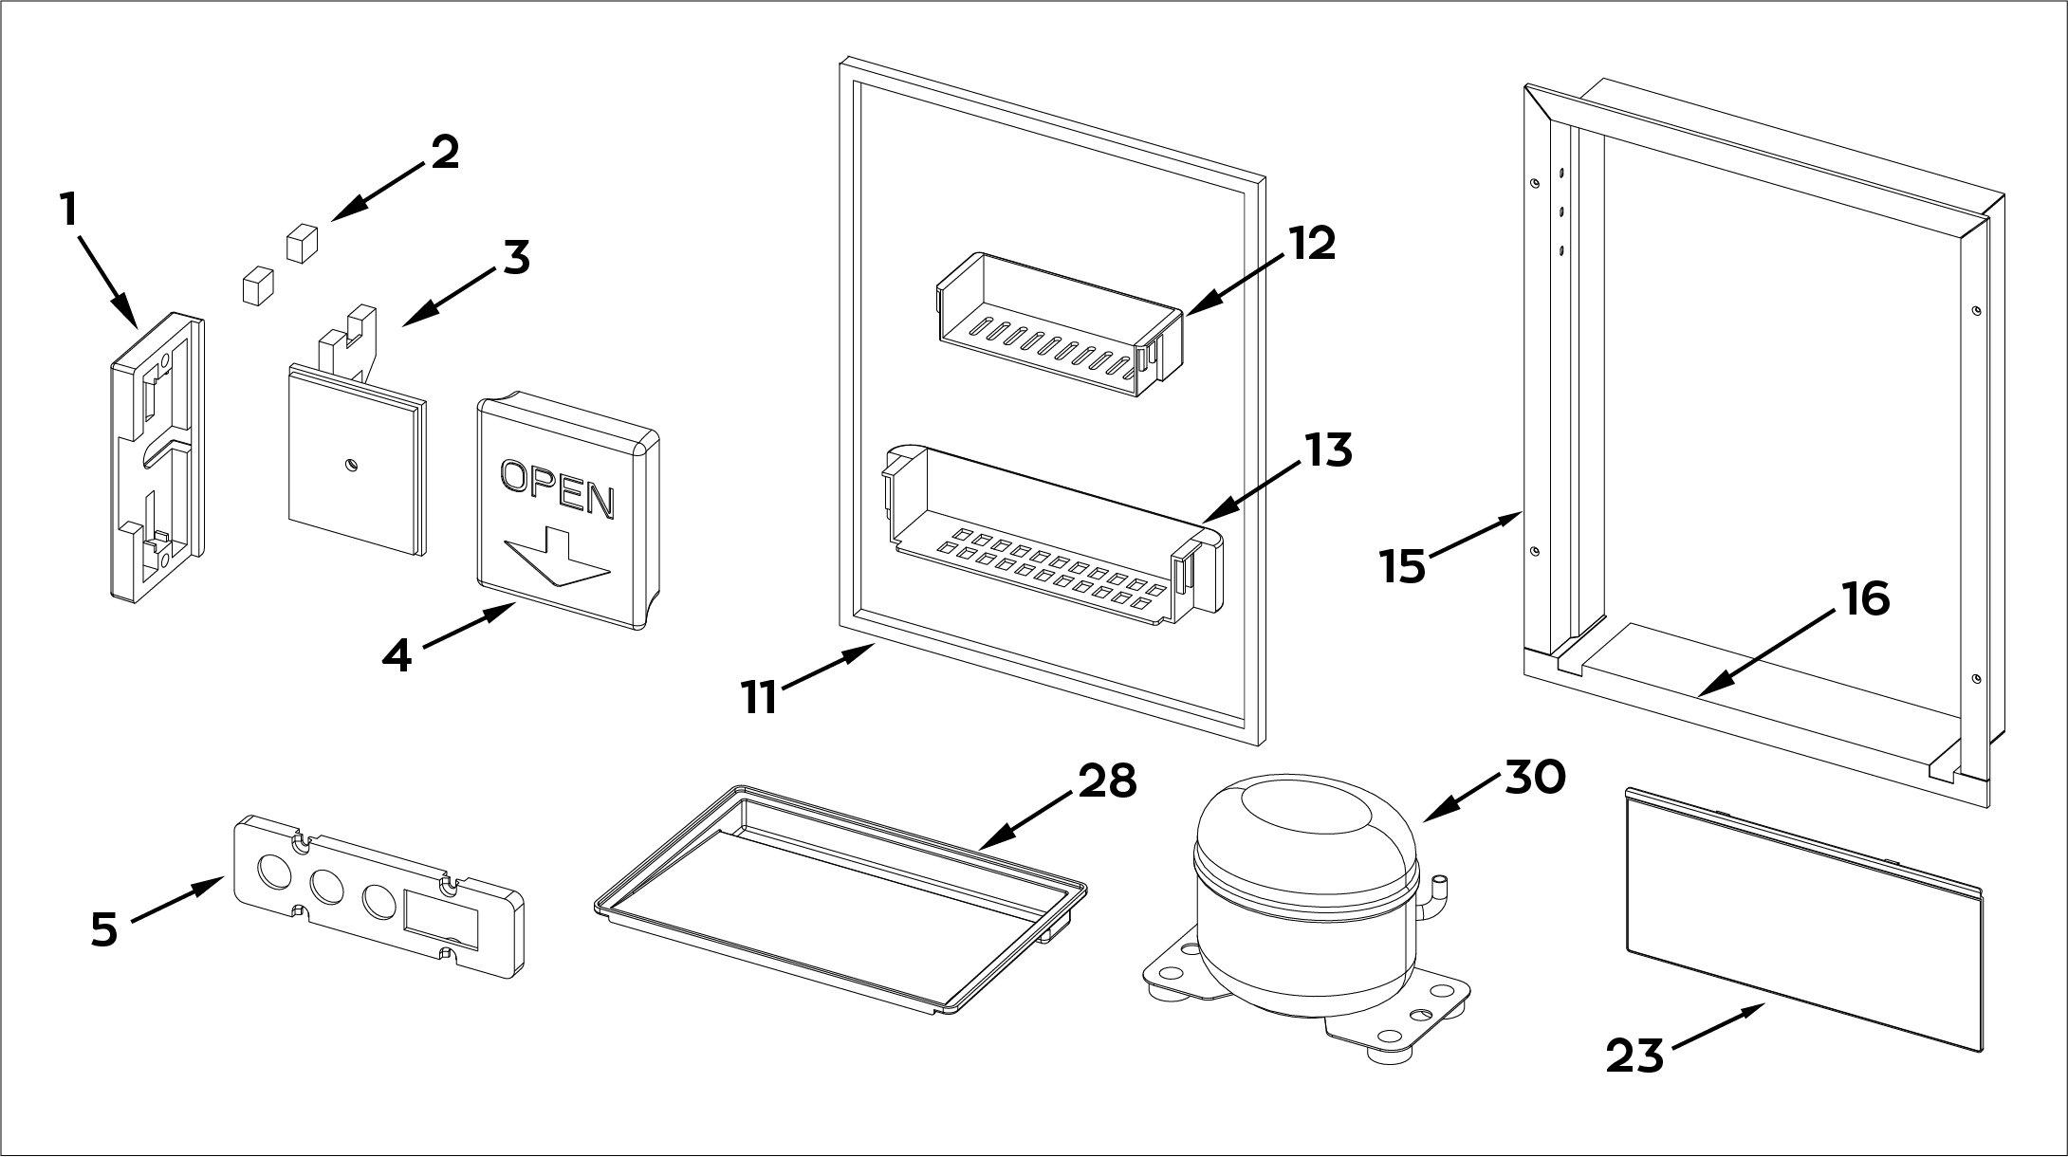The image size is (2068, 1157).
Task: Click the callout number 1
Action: point(68,210)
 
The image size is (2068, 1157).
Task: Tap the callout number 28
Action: point(1107,781)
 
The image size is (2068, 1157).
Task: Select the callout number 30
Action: point(1535,777)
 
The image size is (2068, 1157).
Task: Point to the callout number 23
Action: point(1635,1056)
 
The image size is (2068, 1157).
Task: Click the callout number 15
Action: point(1403,566)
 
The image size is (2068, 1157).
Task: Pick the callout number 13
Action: point(1328,450)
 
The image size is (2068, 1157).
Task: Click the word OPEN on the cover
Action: point(557,487)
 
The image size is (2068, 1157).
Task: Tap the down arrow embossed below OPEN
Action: point(557,563)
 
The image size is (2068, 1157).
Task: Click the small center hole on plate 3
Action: point(352,465)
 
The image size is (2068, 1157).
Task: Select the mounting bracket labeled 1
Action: point(157,455)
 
